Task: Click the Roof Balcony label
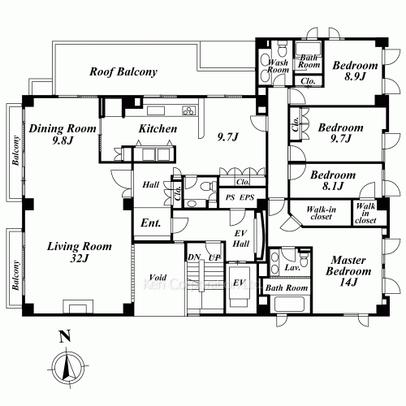pos(123,72)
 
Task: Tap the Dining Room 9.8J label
pos(63,135)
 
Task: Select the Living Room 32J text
pos(78,253)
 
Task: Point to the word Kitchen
pos(158,129)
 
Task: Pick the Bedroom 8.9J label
pos(356,71)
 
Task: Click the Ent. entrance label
pos(151,222)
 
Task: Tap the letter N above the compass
pos(63,335)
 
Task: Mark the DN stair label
pos(194,257)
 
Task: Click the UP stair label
pos(214,257)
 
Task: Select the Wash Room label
pos(278,65)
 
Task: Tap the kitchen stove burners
pos(188,110)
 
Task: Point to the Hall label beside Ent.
pos(150,185)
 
